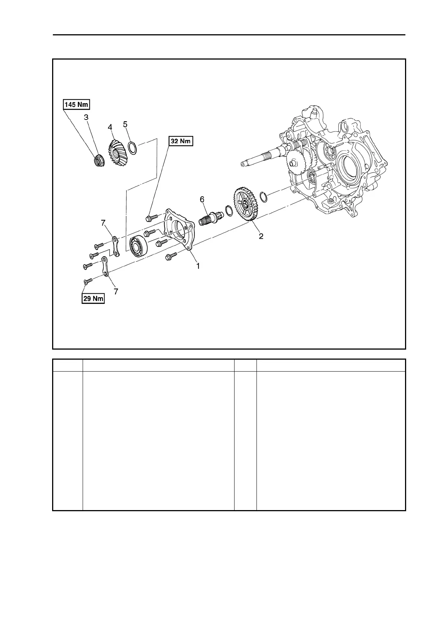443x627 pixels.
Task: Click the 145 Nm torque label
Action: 76,105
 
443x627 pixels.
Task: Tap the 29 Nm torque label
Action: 93,299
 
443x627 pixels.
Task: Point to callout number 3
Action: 86,117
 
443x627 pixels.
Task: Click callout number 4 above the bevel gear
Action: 110,127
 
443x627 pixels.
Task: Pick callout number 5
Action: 125,124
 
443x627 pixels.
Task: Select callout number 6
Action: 202,200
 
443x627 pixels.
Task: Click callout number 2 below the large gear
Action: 261,236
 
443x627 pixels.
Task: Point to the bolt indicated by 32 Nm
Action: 151,216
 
